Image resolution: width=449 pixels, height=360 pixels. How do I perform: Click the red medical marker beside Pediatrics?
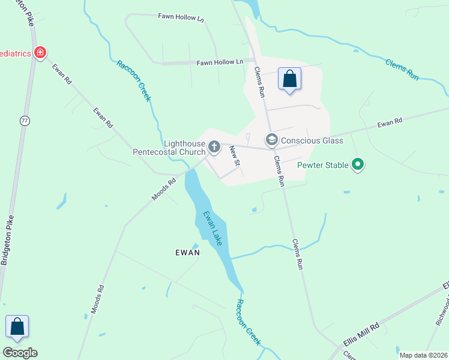[40, 53]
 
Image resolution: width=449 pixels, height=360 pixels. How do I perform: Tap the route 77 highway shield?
[25, 120]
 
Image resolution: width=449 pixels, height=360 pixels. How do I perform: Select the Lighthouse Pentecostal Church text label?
[169, 148]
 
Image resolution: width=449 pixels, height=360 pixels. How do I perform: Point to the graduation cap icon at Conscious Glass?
[271, 140]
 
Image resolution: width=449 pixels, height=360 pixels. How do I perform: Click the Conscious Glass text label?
[312, 140]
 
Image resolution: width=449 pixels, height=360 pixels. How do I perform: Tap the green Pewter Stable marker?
[358, 164]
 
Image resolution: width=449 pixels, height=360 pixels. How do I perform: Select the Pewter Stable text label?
[324, 164]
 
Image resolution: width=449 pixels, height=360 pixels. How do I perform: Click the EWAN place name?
[187, 253]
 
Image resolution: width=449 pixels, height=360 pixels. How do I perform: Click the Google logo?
[20, 353]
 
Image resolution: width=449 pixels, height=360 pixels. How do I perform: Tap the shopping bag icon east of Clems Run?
[289, 79]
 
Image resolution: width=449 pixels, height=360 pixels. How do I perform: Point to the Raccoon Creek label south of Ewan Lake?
[249, 322]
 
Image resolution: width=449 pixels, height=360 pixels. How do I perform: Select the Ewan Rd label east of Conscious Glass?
[390, 123]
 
